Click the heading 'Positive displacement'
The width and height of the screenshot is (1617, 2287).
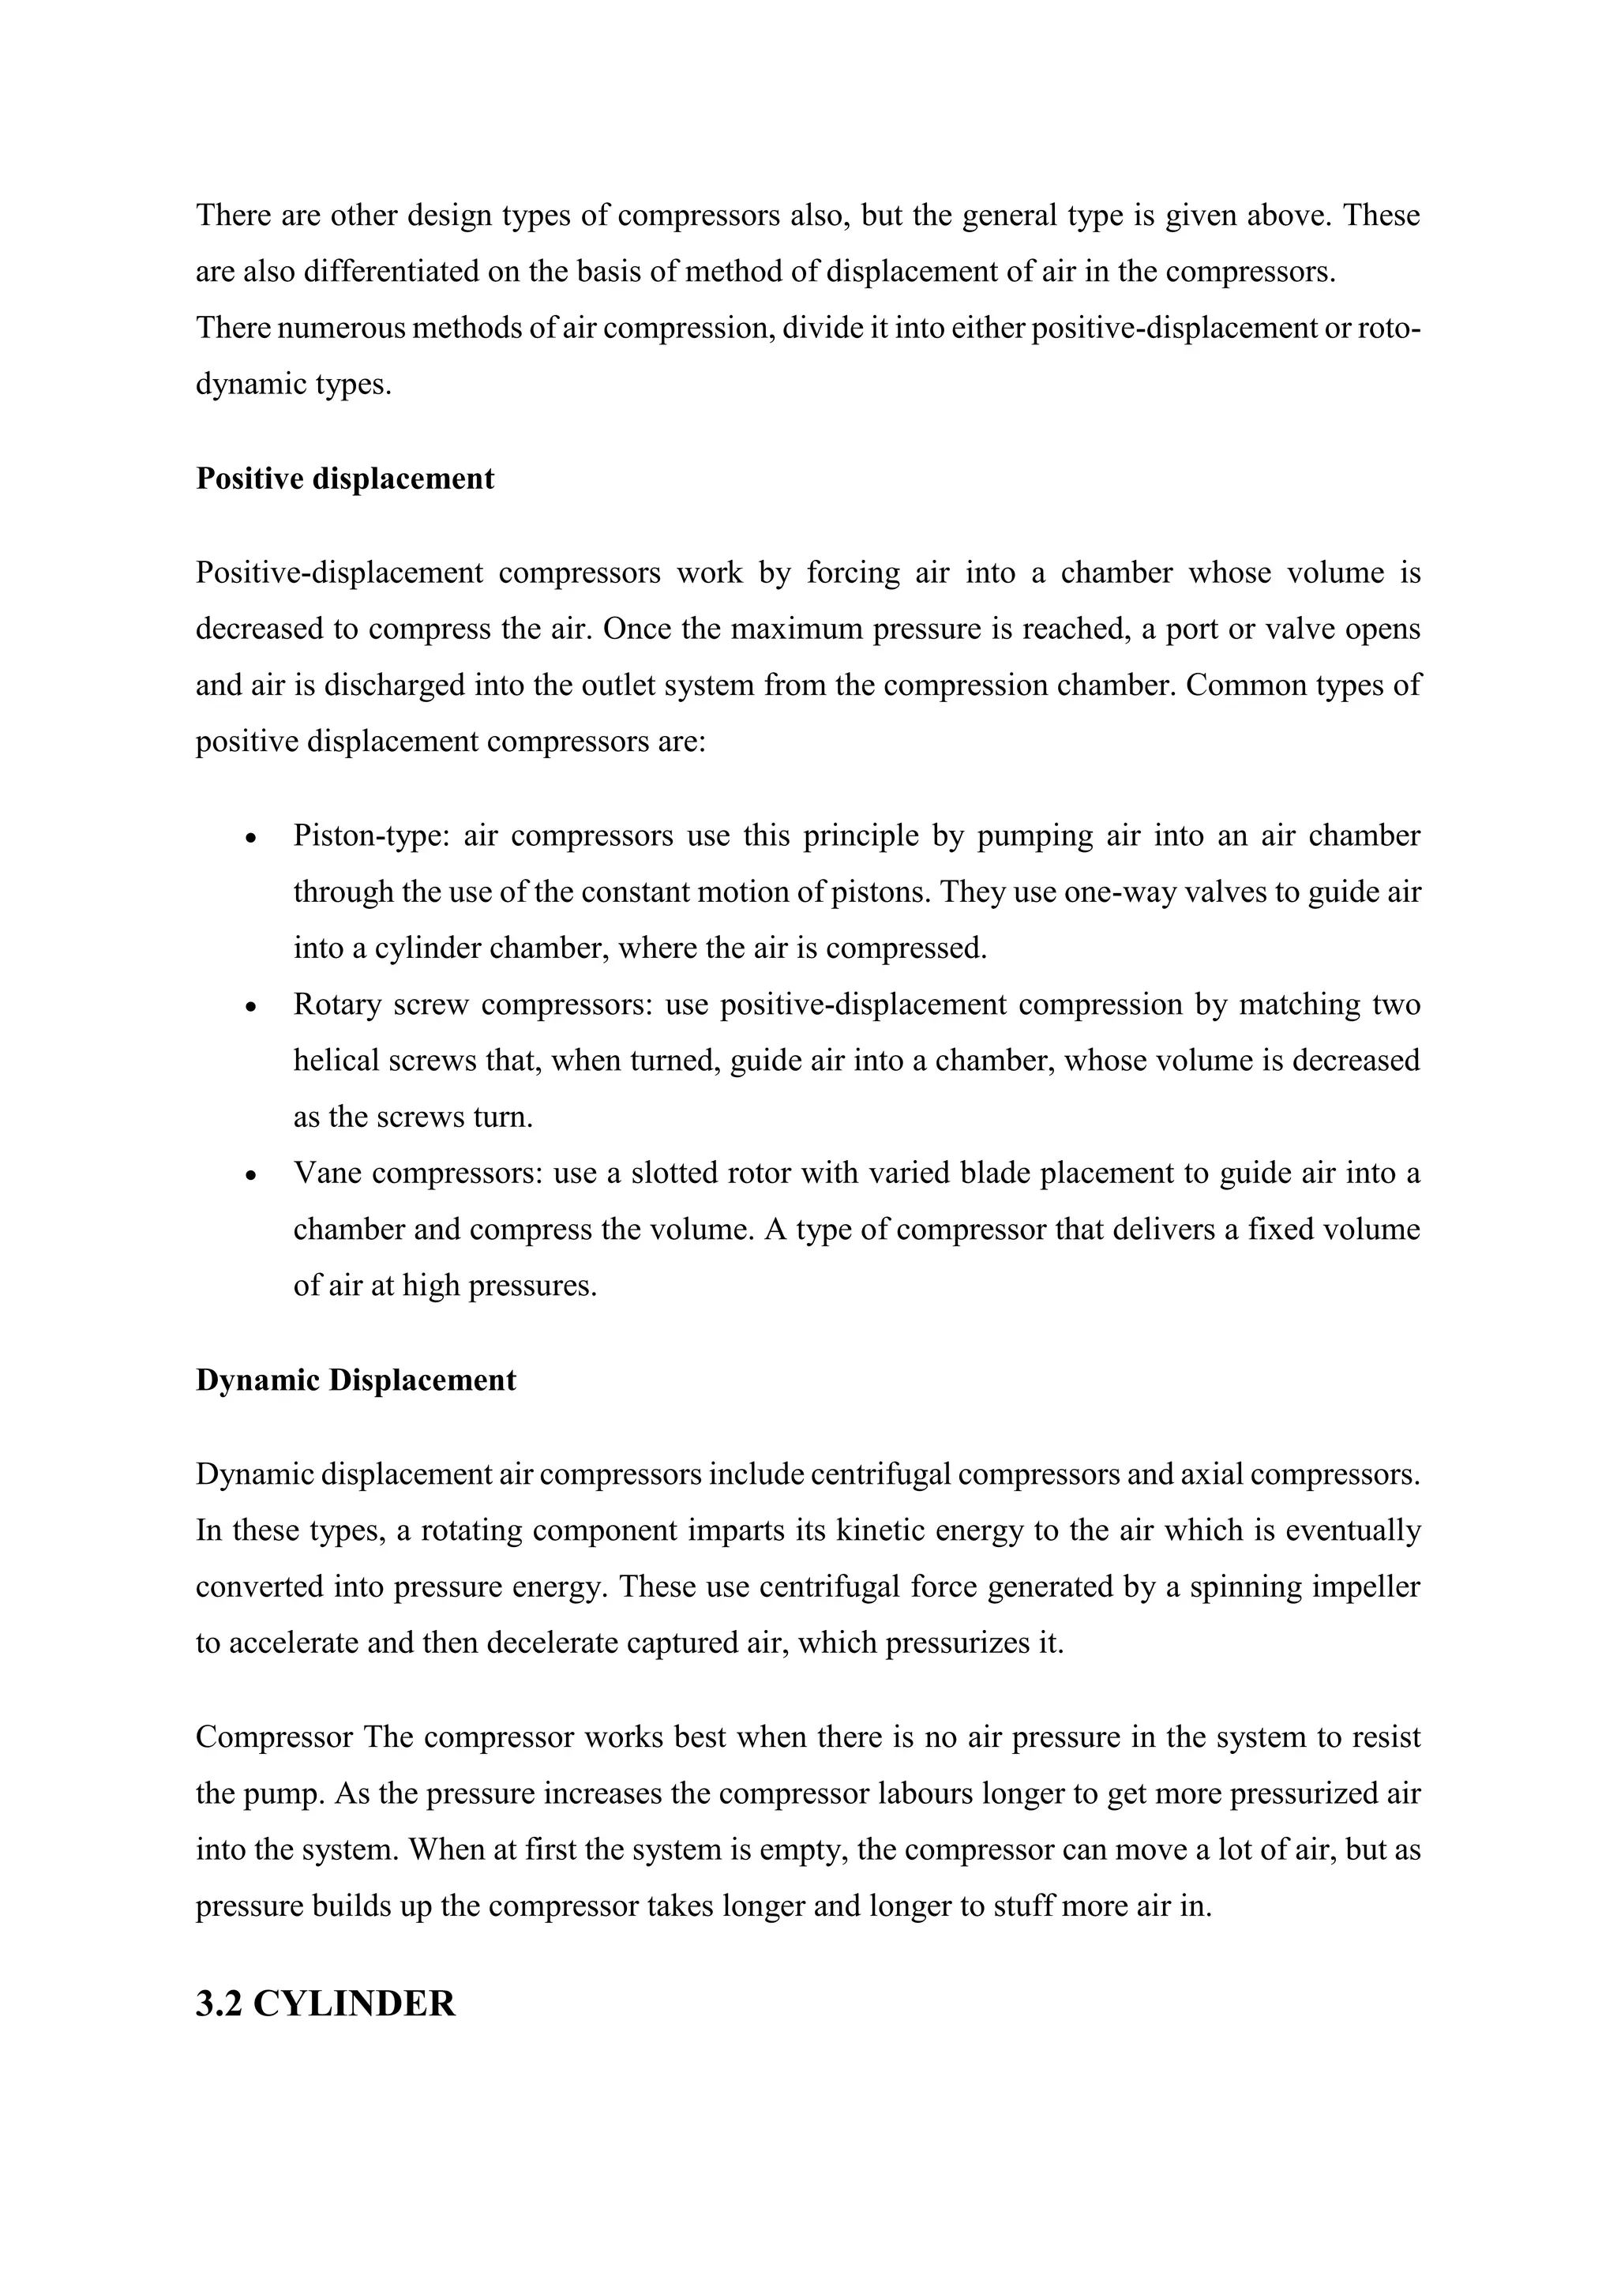[x=344, y=479]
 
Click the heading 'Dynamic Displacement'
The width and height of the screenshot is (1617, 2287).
[x=355, y=1380]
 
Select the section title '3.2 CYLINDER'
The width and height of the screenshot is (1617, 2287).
[x=325, y=2004]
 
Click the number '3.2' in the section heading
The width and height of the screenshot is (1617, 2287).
[x=219, y=2004]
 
